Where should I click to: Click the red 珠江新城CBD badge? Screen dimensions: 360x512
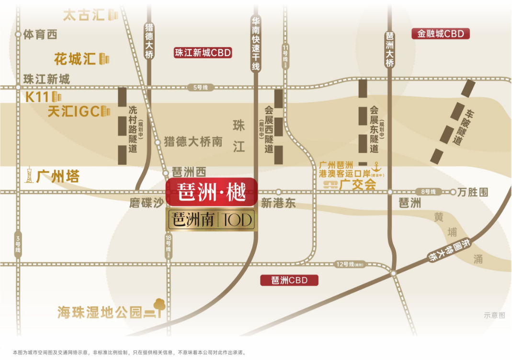(203, 53)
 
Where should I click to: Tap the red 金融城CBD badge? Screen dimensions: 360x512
(441, 34)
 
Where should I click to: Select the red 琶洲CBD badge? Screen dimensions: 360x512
(289, 280)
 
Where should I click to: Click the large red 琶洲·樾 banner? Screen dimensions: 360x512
(212, 192)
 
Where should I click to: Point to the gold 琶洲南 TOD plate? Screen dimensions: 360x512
(212, 220)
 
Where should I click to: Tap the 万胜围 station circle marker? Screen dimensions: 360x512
(453, 192)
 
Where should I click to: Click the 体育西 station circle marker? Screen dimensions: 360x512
(18, 35)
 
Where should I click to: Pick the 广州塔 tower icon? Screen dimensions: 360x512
(29, 175)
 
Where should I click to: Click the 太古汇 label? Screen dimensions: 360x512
(84, 15)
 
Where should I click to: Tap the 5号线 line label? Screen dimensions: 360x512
(201, 87)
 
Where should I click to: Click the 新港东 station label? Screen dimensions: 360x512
(278, 203)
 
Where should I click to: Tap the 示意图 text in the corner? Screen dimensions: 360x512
(494, 315)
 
